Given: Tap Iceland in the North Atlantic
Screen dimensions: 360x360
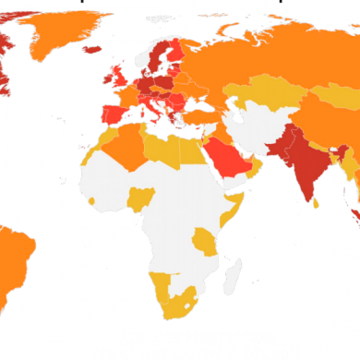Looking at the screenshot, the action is [x=91, y=49].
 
